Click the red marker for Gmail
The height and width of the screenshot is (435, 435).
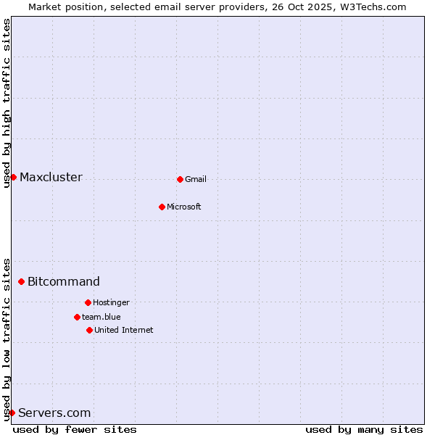pos(180,179)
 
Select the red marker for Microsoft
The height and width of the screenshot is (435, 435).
pos(162,207)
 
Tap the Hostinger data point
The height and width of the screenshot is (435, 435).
pos(88,302)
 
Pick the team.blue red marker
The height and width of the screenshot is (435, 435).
pos(77,317)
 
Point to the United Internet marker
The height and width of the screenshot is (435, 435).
pos(89,330)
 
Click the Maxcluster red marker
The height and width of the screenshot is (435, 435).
pos(13,177)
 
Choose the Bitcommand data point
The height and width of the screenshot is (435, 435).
pos(21,281)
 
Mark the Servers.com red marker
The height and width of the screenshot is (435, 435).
pos(12,413)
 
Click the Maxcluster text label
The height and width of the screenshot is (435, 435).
pos(51,178)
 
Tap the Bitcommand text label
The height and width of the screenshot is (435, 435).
pos(64,282)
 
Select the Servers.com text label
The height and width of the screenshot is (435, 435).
pos(54,413)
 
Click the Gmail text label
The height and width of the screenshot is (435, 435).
pos(196,180)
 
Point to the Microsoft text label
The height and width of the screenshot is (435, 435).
pos(184,207)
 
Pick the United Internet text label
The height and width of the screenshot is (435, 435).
pos(124,331)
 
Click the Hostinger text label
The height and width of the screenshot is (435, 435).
pos(112,303)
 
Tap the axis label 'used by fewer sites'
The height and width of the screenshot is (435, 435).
pos(75,429)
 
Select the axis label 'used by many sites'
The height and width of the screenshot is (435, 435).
pos(364,429)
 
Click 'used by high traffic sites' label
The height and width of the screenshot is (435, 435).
pos(7,103)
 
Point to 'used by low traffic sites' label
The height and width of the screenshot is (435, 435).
pos(7,339)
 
